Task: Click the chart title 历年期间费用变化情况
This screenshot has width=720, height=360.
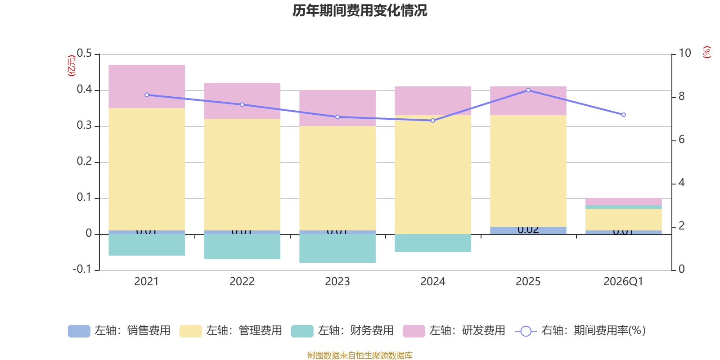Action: [x=360, y=10]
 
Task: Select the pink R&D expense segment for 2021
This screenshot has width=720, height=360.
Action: [x=147, y=86]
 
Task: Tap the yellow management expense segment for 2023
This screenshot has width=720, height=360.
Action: [x=337, y=178]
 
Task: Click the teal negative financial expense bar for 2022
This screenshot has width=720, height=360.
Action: [x=242, y=247]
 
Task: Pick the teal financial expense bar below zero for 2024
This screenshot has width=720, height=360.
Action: [x=433, y=243]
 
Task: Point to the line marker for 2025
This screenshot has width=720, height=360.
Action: [x=528, y=90]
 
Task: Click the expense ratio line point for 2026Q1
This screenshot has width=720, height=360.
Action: [x=624, y=115]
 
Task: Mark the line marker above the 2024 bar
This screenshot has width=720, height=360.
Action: [x=433, y=121]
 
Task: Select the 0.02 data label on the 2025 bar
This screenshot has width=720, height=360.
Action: [x=528, y=230]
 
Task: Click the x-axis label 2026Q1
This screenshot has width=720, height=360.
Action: [x=623, y=282]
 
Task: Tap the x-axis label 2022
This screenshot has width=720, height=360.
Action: [x=242, y=282]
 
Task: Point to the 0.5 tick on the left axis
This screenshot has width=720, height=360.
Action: [x=84, y=54]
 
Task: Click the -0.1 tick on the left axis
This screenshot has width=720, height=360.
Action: [x=82, y=269]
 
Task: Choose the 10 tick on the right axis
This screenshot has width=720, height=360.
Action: [x=684, y=53]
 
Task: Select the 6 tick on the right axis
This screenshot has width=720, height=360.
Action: [x=681, y=139]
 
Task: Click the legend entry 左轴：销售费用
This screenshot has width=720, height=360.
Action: [x=119, y=331]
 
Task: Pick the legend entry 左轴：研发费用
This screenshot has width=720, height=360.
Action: [x=454, y=331]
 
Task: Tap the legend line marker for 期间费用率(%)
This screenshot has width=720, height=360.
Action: [x=526, y=331]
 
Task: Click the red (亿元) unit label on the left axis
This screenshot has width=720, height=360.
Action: [x=72, y=66]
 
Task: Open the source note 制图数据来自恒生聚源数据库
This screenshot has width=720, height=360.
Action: [x=360, y=355]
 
